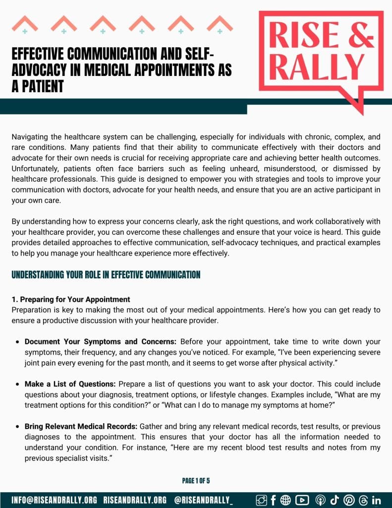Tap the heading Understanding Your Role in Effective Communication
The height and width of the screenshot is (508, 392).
[x=106, y=274]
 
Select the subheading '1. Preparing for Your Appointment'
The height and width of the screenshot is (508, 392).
[x=71, y=300]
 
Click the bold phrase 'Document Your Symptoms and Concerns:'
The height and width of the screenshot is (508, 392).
[x=101, y=342]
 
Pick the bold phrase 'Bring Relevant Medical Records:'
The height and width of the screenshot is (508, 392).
[x=81, y=427]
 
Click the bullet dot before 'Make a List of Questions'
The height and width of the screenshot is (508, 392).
[x=18, y=384]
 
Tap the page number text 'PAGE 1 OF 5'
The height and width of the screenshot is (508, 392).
[x=196, y=481]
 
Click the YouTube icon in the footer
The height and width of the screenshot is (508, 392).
[x=302, y=500]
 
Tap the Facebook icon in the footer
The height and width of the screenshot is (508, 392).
[x=273, y=500]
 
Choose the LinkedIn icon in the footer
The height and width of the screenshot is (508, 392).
[x=376, y=500]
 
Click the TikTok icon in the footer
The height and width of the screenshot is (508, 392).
[x=335, y=500]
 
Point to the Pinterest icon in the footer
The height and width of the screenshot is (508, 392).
[x=348, y=500]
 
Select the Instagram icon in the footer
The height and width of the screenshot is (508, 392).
[x=261, y=500]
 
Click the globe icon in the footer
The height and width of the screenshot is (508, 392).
[x=286, y=500]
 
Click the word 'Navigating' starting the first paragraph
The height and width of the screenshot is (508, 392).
[x=29, y=136]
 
